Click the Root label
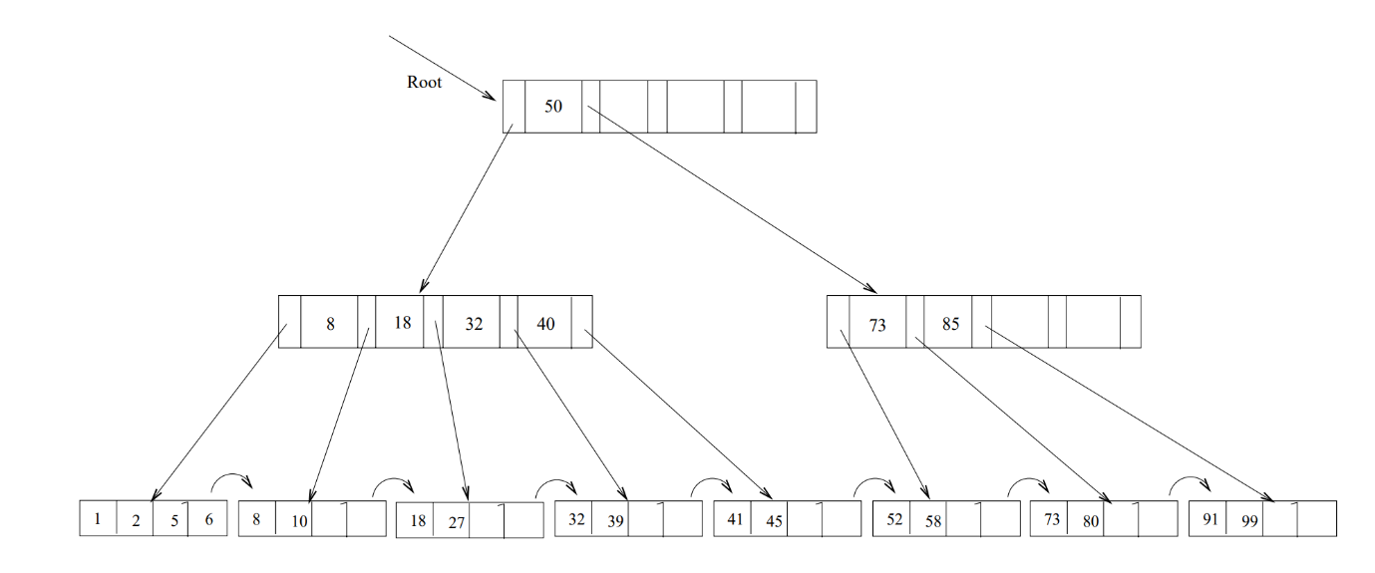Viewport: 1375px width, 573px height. (x=424, y=83)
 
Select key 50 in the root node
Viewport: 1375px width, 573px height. (x=552, y=107)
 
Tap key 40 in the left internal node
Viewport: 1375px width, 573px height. (x=545, y=324)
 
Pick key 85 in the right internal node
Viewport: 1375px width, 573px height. (x=950, y=325)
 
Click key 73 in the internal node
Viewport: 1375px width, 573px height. (x=877, y=325)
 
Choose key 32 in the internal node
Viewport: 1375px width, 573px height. (x=474, y=324)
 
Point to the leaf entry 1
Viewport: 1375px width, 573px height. (x=97, y=518)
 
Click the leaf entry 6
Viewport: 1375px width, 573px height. (x=208, y=519)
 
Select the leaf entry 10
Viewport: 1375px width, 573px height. (x=299, y=521)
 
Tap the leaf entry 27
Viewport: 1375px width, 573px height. (x=457, y=522)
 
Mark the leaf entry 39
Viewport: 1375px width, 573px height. (x=615, y=521)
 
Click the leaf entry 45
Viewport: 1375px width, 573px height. (x=773, y=521)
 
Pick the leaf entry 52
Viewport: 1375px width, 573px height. (x=894, y=519)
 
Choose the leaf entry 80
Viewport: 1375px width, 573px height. (x=1091, y=521)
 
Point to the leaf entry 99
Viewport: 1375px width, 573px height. (x=1248, y=521)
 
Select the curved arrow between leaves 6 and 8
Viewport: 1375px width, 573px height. (x=232, y=480)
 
